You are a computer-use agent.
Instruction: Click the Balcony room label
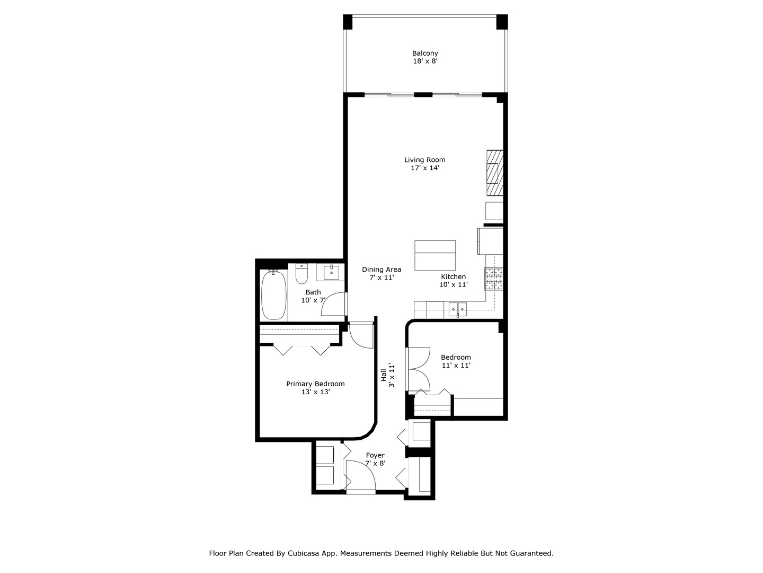425,53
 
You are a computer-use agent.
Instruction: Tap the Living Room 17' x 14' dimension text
425,168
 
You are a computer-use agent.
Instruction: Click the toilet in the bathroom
301,274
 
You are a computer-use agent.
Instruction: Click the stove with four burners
493,279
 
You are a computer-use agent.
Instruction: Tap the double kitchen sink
457,307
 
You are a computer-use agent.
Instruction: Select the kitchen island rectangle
435,255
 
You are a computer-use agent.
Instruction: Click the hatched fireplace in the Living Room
494,172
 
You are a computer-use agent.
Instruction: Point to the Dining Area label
381,270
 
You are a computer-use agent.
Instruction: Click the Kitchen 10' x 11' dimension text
454,285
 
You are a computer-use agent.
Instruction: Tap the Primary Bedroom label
315,384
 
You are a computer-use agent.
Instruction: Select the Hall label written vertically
384,375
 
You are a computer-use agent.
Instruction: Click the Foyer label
375,455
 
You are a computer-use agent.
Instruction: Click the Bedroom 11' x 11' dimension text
456,366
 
